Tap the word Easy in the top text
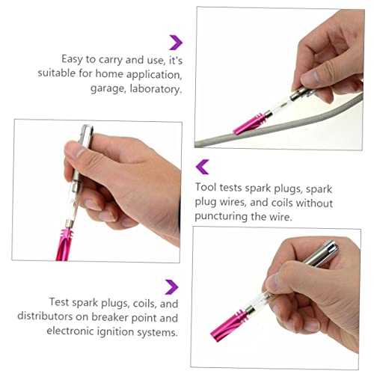click(x=75, y=58)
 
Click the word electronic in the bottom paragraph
click(x=63, y=331)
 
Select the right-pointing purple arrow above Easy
click(x=176, y=42)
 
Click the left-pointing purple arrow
click(x=200, y=166)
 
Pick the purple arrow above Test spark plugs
click(x=173, y=286)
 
